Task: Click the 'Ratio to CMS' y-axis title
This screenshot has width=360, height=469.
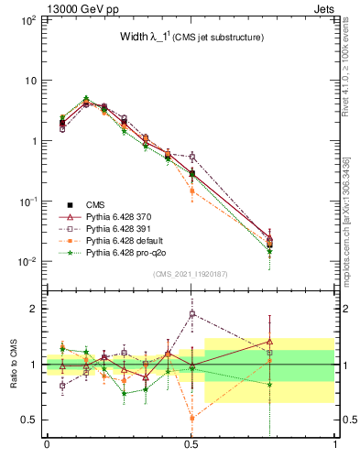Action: [14, 364]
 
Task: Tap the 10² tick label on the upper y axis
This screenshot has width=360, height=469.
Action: [27, 19]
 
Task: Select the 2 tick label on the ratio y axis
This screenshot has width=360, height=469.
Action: [35, 309]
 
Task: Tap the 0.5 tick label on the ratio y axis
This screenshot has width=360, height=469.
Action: [29, 420]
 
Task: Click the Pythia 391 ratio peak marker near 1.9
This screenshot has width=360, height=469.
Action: [191, 313]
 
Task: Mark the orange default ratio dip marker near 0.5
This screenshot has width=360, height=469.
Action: [191, 419]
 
